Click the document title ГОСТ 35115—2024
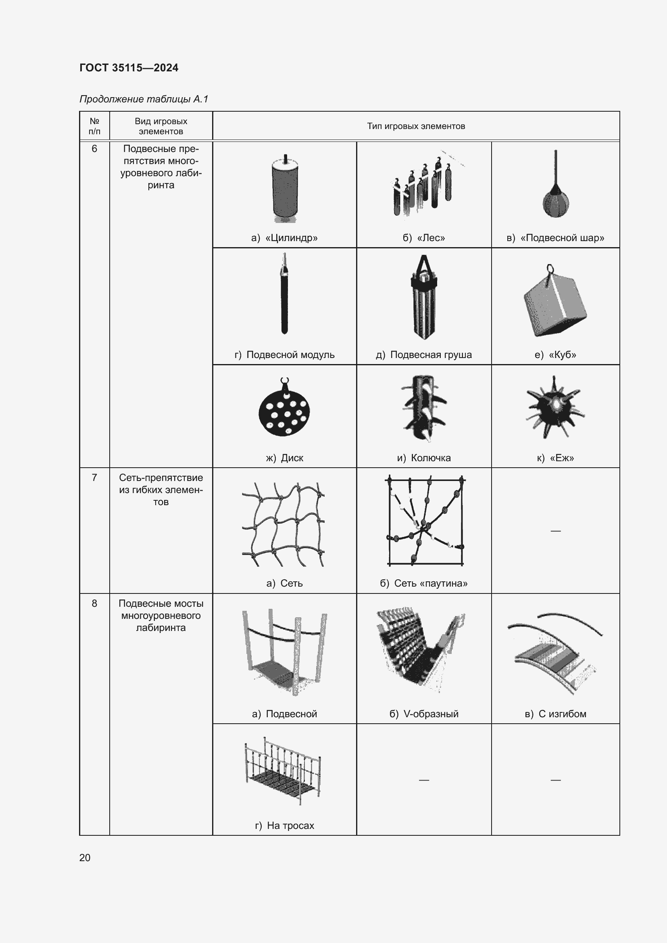coord(129,68)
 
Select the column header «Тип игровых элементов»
coord(416,126)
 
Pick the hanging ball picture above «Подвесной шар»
coord(555,183)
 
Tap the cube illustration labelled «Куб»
coord(555,301)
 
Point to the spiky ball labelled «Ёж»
coord(555,407)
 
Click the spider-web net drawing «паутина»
coord(425,520)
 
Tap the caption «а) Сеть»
coord(284,583)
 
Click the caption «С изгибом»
coord(555,714)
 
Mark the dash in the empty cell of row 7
coord(555,531)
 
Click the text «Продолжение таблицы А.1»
coord(144,99)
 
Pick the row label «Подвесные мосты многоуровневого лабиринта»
coord(161,615)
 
